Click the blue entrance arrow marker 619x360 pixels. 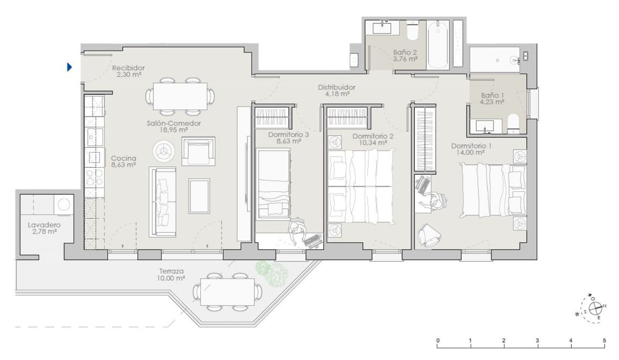[x=69, y=67]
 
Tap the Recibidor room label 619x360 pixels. [x=128, y=68]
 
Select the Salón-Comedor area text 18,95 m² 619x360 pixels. [x=174, y=130]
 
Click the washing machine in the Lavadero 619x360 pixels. [x=64, y=205]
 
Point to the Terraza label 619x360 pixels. [x=171, y=271]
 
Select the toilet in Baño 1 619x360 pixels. [x=513, y=124]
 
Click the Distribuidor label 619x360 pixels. [x=337, y=88]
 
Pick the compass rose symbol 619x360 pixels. [x=595, y=308]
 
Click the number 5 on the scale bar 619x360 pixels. [x=605, y=340]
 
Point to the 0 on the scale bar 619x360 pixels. [x=438, y=340]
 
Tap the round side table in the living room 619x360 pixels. [x=163, y=151]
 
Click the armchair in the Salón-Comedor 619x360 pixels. [x=198, y=151]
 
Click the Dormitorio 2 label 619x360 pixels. [x=373, y=136]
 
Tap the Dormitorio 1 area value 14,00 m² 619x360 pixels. [x=470, y=152]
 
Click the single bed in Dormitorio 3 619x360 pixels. [x=274, y=184]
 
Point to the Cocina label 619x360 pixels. [x=123, y=158]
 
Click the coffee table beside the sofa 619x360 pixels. [x=199, y=196]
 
